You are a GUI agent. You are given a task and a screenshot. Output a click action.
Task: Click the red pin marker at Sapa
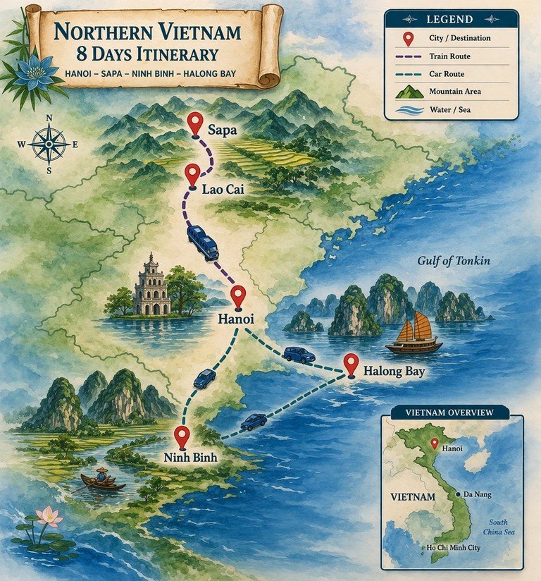(x=195, y=124)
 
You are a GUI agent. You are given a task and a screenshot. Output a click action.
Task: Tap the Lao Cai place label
(x=223, y=189)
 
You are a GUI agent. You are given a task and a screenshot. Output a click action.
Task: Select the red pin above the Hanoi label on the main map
(x=238, y=296)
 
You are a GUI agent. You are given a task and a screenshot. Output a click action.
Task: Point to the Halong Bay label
(x=394, y=371)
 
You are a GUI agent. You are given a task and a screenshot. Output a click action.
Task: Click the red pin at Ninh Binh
(x=182, y=436)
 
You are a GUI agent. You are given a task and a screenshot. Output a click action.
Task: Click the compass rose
(x=49, y=144)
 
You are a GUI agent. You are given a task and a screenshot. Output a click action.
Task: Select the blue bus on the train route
(x=202, y=243)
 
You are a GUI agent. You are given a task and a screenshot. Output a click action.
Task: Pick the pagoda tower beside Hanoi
(x=152, y=285)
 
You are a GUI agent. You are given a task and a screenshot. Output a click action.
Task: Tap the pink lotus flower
(x=48, y=517)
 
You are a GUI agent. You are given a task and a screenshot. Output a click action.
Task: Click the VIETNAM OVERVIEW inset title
(x=449, y=412)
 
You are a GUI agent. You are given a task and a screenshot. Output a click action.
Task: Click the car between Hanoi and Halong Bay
(x=299, y=355)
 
